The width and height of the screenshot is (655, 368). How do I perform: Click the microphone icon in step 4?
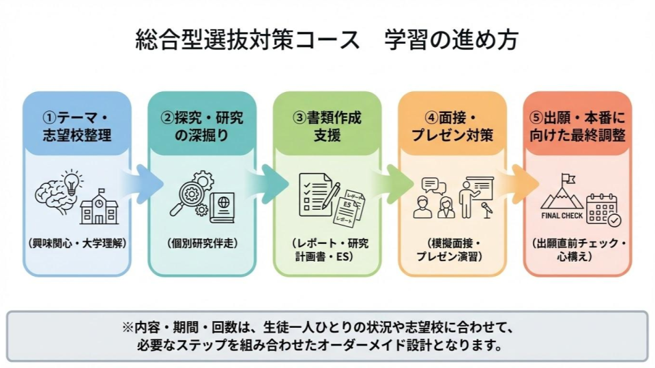pyautogui.click(x=486, y=210)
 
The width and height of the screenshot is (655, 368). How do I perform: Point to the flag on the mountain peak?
pyautogui.click(x=566, y=179)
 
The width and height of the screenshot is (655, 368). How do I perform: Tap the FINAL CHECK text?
pyautogui.click(x=561, y=216)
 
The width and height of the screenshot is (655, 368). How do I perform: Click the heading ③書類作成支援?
pyautogui.click(x=327, y=126)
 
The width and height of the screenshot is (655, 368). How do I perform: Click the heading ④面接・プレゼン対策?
pyautogui.click(x=452, y=126)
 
